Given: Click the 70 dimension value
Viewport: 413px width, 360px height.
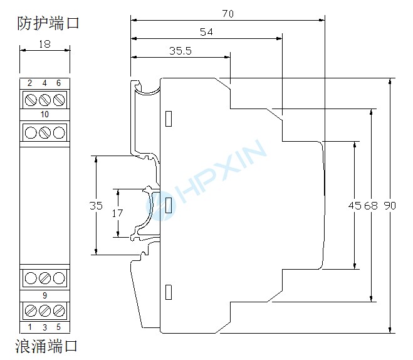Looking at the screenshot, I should pos(227,13).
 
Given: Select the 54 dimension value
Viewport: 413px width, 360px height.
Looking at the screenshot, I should pos(206,31).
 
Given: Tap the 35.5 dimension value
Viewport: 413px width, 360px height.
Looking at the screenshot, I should pos(180,51).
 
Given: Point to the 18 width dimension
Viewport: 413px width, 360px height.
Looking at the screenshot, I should pos(44,44).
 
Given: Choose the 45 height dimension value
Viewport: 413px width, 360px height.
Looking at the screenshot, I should pos(355,206).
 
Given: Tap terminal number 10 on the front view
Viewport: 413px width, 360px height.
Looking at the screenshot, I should pos(44,114).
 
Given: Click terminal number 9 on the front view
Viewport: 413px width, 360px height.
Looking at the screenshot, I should pos(44,295).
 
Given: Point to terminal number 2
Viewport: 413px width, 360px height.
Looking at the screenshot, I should pos(29,83).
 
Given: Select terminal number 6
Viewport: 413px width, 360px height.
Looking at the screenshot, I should pos(59,83).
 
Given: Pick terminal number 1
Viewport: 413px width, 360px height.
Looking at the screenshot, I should pos(29,327).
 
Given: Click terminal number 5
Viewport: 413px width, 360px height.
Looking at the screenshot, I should pos(59,327).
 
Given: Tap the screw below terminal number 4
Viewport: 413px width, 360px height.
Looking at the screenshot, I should pos(44,99).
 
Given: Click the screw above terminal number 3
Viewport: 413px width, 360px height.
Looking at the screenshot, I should pos(44,310).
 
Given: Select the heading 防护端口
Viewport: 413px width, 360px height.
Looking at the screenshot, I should pos(48,24).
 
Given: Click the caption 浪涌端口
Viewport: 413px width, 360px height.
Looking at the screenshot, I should pos(47,346).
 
